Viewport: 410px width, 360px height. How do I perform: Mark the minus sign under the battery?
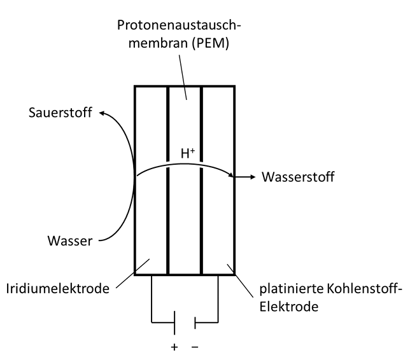(195, 348)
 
